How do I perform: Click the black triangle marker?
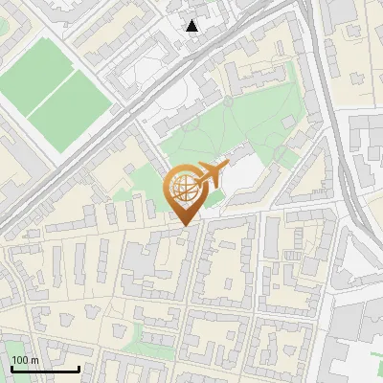[192, 26]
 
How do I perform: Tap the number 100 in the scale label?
[20, 361]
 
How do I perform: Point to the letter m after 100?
[34, 361]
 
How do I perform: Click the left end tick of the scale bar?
[11, 369]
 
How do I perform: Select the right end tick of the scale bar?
[79, 369]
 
